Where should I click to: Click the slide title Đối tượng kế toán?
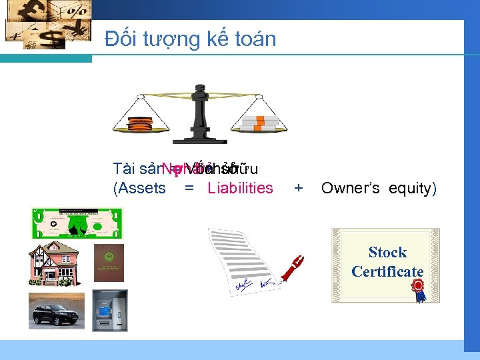coord(191,39)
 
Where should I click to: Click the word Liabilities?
coord(240,188)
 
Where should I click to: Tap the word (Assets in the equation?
coord(140,188)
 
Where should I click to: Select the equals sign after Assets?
coord(189,188)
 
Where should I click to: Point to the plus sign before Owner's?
coord(299,188)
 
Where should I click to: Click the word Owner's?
coord(350,188)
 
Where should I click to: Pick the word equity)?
coord(411,188)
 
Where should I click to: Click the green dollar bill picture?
coord(77,223)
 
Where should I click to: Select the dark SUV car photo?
coord(57,310)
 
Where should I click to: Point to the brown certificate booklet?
coord(109,263)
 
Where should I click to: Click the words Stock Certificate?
coord(387,262)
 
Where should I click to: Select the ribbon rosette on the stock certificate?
coord(418,289)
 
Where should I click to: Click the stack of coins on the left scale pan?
coord(140,124)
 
